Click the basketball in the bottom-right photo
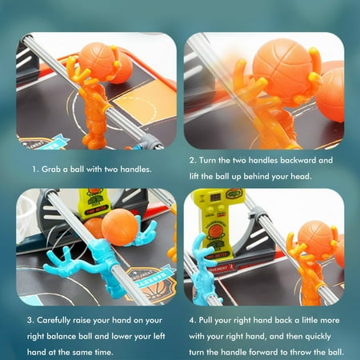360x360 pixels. [314, 238]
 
